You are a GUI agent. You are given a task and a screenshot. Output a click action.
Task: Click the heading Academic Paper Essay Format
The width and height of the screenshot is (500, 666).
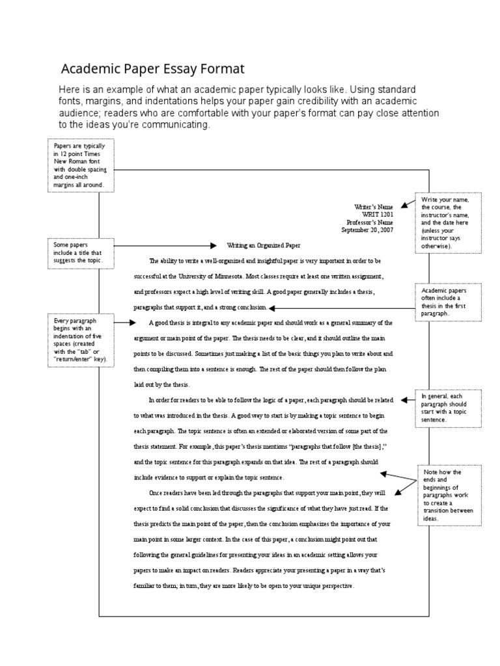(153, 69)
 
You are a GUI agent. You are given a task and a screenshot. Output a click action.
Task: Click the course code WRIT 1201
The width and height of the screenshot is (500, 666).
(378, 213)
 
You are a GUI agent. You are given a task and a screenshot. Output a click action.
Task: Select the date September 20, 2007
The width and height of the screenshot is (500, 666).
(368, 229)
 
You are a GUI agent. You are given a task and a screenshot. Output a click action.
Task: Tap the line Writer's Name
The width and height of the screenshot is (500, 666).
(374, 206)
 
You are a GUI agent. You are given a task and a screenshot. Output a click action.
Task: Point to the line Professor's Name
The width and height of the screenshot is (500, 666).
(371, 221)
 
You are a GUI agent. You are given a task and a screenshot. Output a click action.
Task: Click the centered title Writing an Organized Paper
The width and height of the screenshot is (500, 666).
(264, 246)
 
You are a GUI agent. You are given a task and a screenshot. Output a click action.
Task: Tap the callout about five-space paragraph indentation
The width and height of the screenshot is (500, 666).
(80, 341)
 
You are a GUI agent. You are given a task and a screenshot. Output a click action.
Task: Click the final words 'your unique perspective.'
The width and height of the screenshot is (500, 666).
(315, 586)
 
